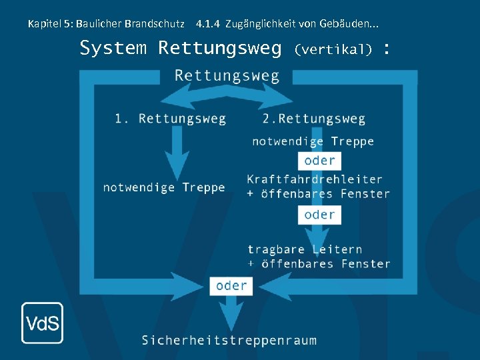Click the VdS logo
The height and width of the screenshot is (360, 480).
click(42, 323)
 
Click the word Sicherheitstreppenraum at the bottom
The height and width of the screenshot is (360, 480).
click(229, 340)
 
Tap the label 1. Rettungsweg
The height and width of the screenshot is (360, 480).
click(170, 119)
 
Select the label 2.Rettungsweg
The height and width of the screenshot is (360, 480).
click(313, 119)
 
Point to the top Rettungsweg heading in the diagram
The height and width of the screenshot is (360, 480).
click(227, 75)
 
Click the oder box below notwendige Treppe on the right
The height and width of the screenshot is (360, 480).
click(319, 161)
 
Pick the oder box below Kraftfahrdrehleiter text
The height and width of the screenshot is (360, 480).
click(319, 215)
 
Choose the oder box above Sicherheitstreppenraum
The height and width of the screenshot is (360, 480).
click(231, 285)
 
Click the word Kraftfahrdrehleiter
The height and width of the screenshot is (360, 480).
click(315, 179)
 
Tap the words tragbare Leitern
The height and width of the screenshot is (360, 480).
click(305, 249)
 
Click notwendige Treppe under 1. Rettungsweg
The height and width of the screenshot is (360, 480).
click(164, 187)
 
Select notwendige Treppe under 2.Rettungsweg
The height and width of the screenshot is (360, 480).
click(313, 141)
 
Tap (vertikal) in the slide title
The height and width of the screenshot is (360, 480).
click(333, 49)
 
